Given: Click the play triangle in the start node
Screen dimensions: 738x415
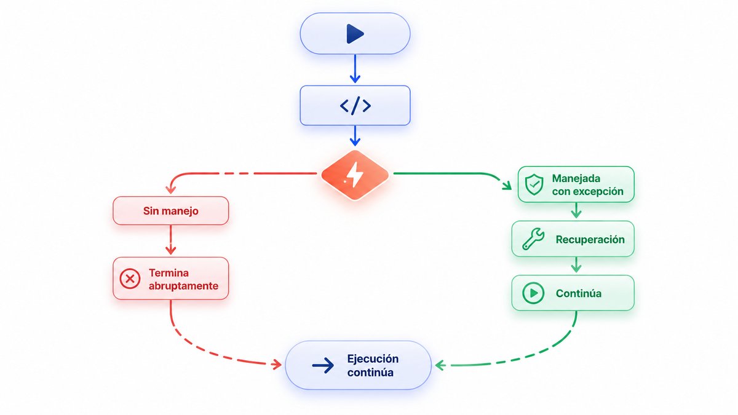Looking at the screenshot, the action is click(354, 34).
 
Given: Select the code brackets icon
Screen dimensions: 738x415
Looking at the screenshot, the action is click(355, 106).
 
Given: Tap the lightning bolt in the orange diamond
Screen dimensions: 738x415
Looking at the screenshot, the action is click(354, 175).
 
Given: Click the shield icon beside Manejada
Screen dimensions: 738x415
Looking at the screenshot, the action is click(534, 185).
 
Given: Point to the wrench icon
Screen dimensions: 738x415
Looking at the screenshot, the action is click(533, 239).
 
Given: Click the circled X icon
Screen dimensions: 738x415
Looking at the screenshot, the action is click(130, 279).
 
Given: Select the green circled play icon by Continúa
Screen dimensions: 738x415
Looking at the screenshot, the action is click(533, 293).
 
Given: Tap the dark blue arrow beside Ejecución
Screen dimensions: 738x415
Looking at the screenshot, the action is click(323, 365).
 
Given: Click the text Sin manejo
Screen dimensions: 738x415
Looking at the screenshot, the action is click(171, 211).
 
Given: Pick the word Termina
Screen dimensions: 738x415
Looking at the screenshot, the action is click(169, 273).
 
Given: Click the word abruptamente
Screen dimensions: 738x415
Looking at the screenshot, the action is click(183, 286).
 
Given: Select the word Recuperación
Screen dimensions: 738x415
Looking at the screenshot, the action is click(590, 239).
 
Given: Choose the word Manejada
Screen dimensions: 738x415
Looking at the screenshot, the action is click(576, 178).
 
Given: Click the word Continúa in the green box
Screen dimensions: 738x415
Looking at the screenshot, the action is click(579, 293).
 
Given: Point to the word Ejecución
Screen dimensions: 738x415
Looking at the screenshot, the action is click(373, 358).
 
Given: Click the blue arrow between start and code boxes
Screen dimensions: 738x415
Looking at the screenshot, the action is click(355, 69).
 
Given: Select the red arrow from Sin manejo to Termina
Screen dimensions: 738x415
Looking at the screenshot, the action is click(170, 240).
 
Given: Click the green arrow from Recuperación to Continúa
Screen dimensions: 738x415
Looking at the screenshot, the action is click(576, 264).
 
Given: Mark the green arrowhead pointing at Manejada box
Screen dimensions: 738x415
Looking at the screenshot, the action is click(507, 186).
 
